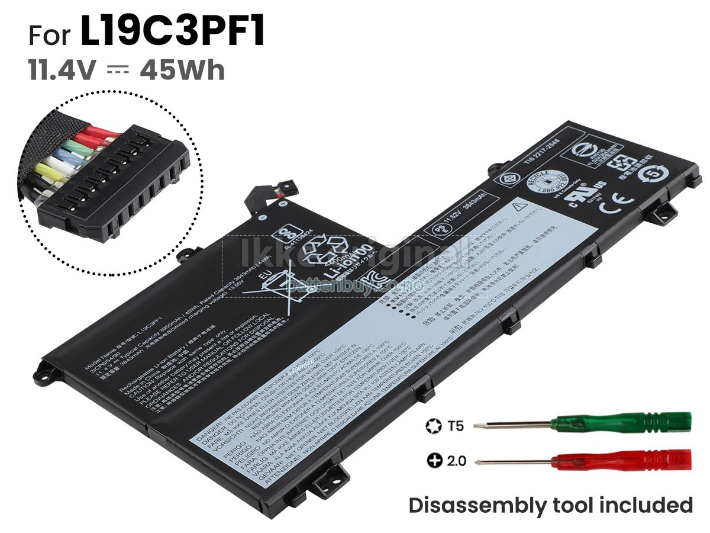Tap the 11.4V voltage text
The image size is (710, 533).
click(x=62, y=70)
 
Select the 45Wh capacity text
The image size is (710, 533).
click(x=182, y=70)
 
